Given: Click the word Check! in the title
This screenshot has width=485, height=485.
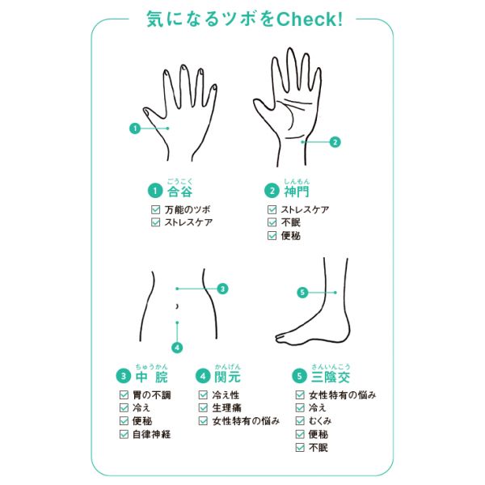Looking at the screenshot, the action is tap(310, 19).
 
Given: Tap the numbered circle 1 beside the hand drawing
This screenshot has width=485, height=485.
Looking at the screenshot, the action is tap(135, 128).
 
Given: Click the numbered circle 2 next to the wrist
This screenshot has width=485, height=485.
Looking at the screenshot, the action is tap(335, 142).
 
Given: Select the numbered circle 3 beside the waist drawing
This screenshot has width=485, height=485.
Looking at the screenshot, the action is tap(222, 289).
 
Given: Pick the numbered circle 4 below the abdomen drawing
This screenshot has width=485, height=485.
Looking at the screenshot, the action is tap(177, 348).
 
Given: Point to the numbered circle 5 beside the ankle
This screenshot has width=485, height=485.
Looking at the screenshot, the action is tap(302, 293).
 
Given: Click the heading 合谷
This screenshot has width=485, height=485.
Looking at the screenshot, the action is tap(179, 192).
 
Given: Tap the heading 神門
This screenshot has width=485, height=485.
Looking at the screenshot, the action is tap(297, 192).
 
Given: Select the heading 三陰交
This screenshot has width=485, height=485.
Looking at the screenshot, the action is tap(331, 377).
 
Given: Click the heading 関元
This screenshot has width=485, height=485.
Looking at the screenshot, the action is tap(227, 377).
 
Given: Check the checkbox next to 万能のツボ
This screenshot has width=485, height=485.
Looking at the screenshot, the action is tap(155, 209).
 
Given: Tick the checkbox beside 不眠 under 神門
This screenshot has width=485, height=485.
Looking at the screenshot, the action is tap(272, 222).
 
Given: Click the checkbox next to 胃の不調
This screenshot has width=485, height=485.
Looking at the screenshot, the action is tap(124, 394).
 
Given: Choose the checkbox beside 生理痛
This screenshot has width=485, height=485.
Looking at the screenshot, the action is tap(203, 407).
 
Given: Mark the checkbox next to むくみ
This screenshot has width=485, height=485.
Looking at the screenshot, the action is tap(300, 420).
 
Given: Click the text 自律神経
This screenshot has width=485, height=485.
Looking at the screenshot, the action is tap(152, 434).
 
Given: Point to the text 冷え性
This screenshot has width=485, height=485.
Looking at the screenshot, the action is tap(226, 395).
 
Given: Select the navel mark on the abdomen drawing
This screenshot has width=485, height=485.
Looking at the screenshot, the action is tap(177, 306).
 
